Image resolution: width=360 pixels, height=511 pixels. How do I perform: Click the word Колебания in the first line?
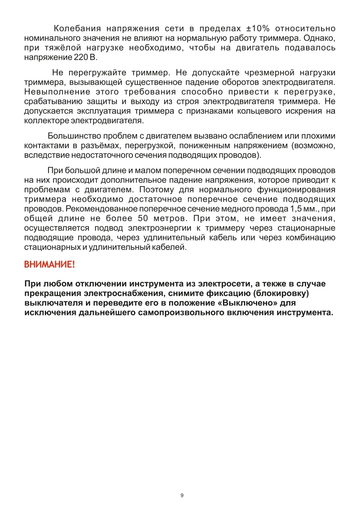tap(78, 29)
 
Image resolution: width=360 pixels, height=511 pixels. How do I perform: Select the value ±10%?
tap(258, 29)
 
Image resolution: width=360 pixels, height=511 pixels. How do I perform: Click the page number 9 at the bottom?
tap(181, 495)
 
